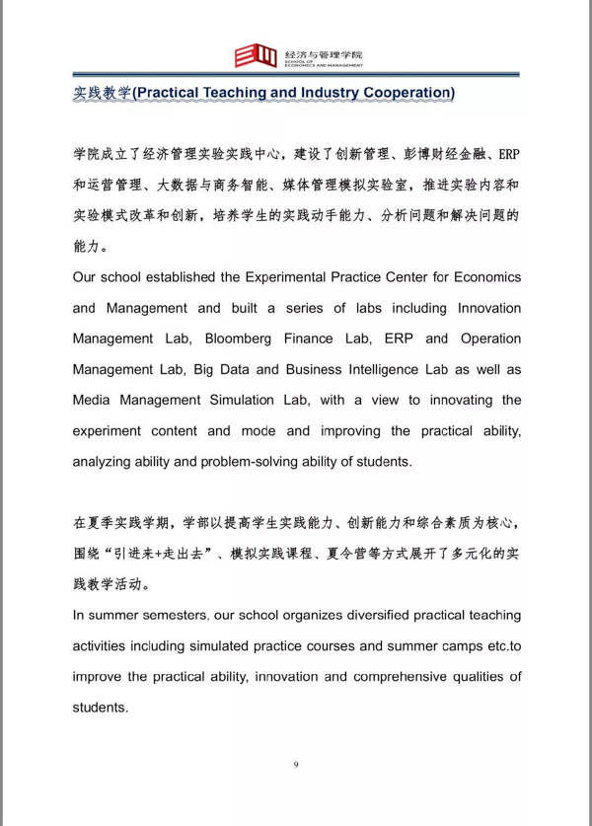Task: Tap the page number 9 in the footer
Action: click(296, 763)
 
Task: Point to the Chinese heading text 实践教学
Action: click(102, 93)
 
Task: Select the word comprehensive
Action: click(381, 676)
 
